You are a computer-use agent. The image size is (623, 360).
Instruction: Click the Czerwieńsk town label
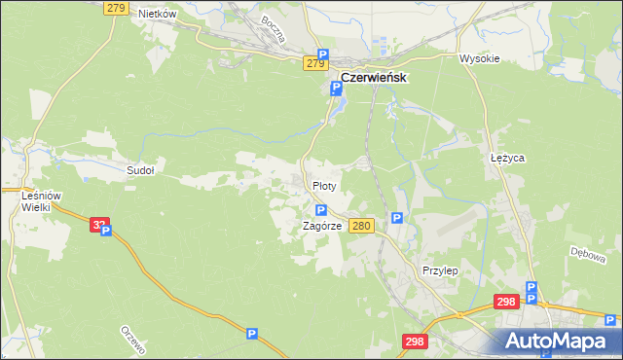(373, 78)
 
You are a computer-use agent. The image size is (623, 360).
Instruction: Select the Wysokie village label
(479, 58)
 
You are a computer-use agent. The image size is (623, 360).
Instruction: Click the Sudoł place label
(141, 169)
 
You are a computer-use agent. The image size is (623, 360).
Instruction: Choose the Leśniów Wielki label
(41, 201)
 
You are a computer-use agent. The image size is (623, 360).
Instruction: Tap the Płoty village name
(324, 185)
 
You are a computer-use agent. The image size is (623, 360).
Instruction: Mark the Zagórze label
(321, 225)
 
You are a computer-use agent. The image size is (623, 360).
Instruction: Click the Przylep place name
(440, 270)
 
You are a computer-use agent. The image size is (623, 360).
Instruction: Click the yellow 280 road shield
(361, 226)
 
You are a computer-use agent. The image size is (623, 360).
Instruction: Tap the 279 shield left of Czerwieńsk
(314, 63)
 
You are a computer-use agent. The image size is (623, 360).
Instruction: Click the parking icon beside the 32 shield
(106, 232)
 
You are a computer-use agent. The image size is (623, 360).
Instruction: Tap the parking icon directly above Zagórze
(320, 210)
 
